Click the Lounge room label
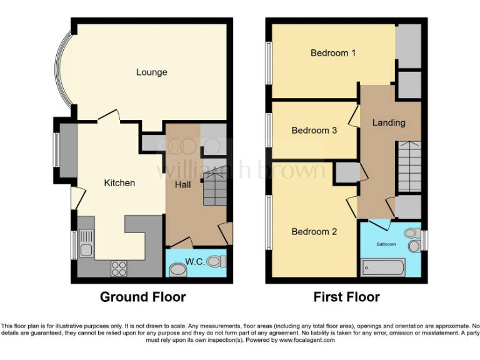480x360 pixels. [x=152, y=72]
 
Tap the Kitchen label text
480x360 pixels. [x=119, y=183]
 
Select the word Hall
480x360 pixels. [x=182, y=186]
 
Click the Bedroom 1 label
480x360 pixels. [x=333, y=53]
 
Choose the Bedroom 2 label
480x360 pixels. [x=314, y=232]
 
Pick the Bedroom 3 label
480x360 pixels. [x=314, y=131]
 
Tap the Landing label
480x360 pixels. [x=389, y=122]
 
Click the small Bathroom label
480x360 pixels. [x=386, y=244]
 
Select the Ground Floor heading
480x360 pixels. [x=142, y=297]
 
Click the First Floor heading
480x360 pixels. [x=346, y=297]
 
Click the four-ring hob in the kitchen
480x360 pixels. [x=119, y=267]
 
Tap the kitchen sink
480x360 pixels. [x=86, y=243]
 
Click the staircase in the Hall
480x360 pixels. [x=215, y=190]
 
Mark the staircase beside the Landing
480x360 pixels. [x=409, y=167]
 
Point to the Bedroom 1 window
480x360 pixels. [x=268, y=62]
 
